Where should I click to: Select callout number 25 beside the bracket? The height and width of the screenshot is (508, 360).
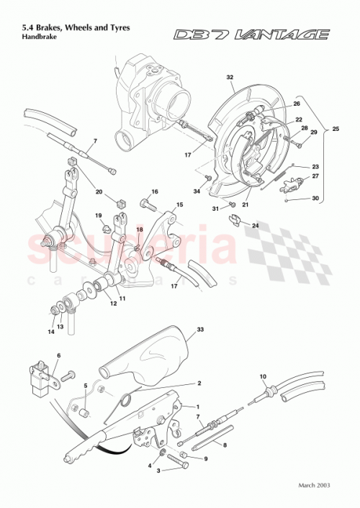click(x=334, y=130)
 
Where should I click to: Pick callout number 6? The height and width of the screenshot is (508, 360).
click(x=59, y=355)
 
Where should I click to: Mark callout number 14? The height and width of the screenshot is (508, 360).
click(x=50, y=332)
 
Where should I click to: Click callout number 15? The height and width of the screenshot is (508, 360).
click(x=180, y=205)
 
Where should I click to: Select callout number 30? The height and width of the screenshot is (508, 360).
click(x=315, y=199)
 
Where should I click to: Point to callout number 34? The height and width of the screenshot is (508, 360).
click(x=197, y=191)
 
